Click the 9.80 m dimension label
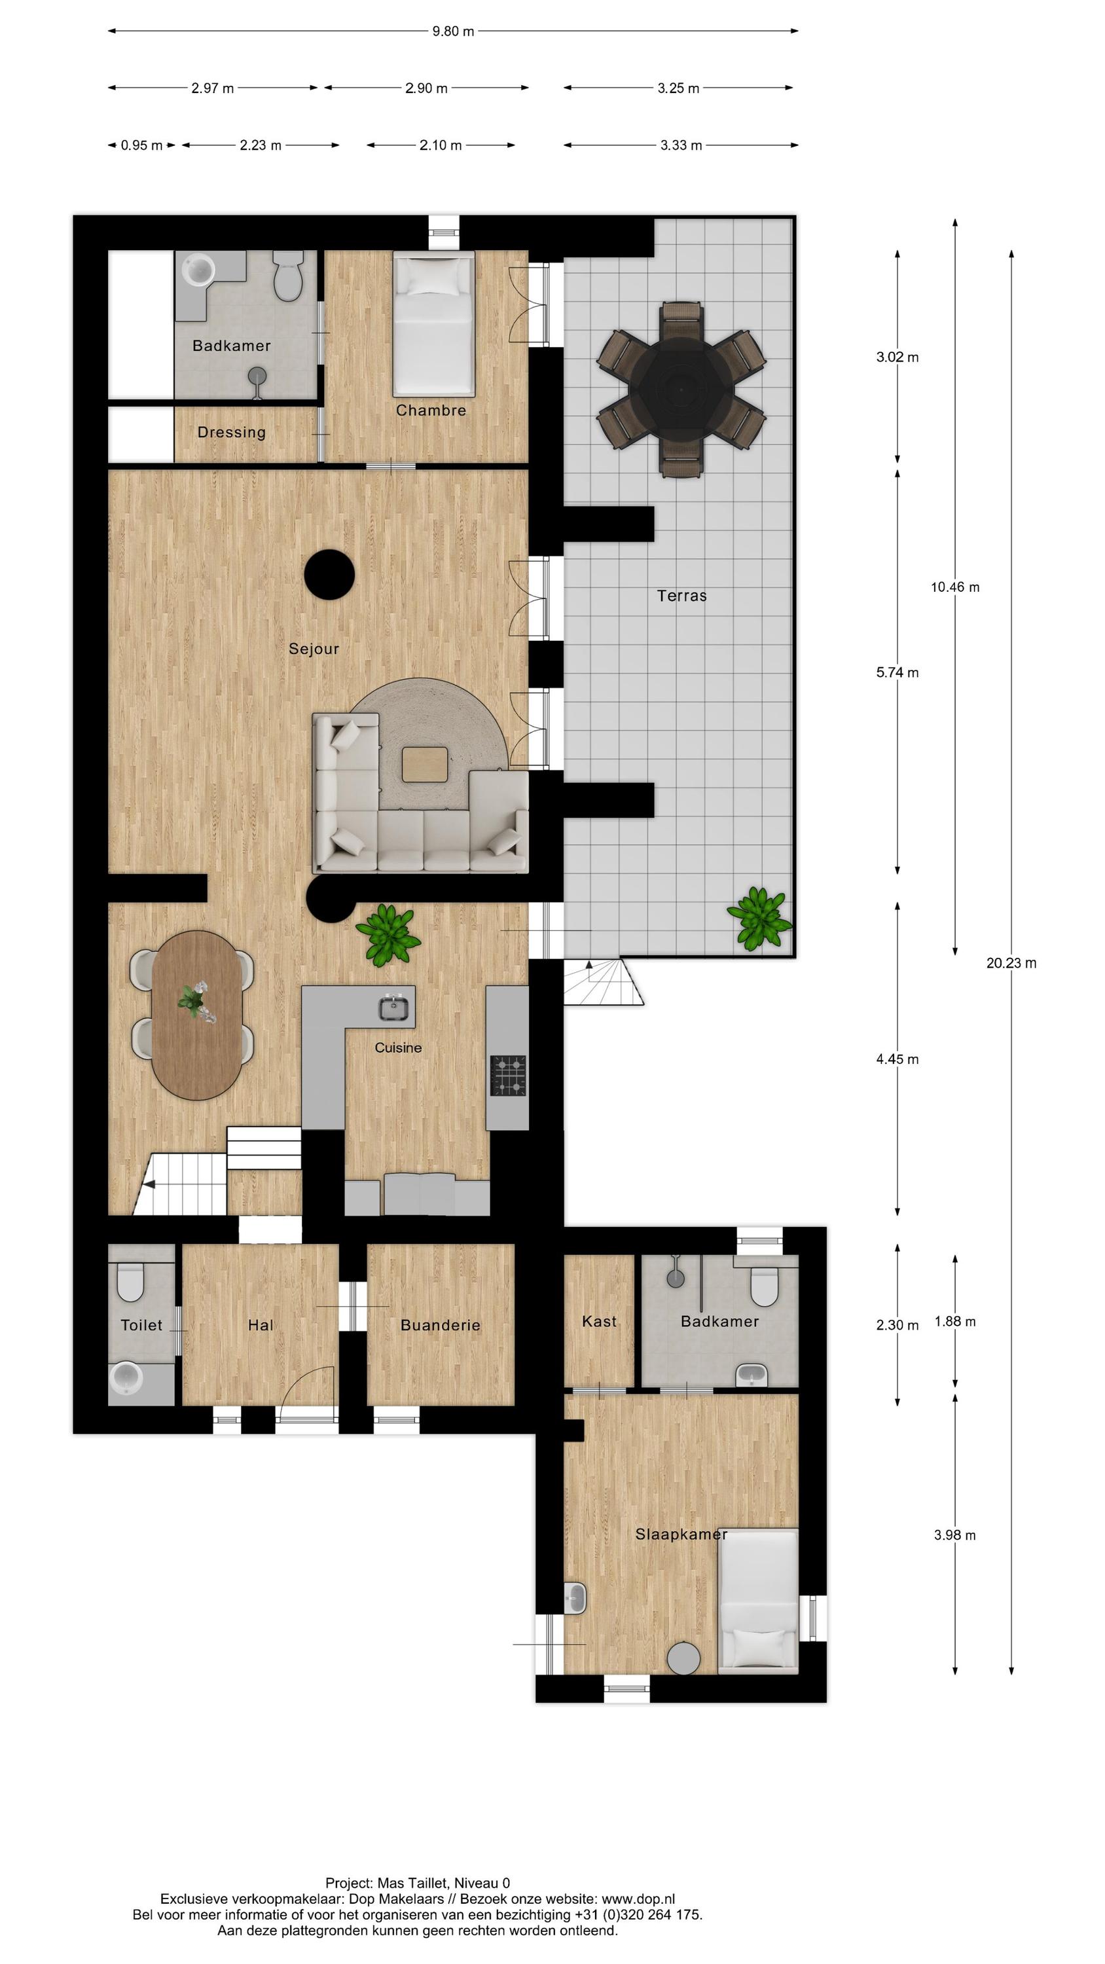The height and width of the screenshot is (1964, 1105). (x=453, y=31)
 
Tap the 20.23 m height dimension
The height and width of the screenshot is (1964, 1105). (x=1011, y=963)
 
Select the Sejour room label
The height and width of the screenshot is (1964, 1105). (x=314, y=649)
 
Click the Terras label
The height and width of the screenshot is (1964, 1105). (x=681, y=596)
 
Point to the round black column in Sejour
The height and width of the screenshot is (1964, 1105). (x=329, y=575)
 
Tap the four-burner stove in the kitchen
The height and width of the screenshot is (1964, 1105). (x=508, y=1075)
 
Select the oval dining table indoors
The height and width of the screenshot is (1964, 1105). (x=197, y=1015)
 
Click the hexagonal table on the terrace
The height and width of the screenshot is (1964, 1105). (x=681, y=389)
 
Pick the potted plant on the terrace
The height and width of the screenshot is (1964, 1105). (x=759, y=918)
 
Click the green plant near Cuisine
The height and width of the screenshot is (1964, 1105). (x=389, y=934)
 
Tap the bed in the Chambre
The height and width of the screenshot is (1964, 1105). (x=433, y=324)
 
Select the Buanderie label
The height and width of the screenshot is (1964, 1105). (x=440, y=1325)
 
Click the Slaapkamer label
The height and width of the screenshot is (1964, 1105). (x=681, y=1534)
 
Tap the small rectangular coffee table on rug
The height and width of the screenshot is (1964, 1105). (x=425, y=764)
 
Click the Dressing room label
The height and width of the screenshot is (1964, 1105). (x=231, y=432)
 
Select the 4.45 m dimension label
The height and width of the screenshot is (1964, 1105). (x=897, y=1059)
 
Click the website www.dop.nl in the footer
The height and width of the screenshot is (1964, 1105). (x=638, y=1899)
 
